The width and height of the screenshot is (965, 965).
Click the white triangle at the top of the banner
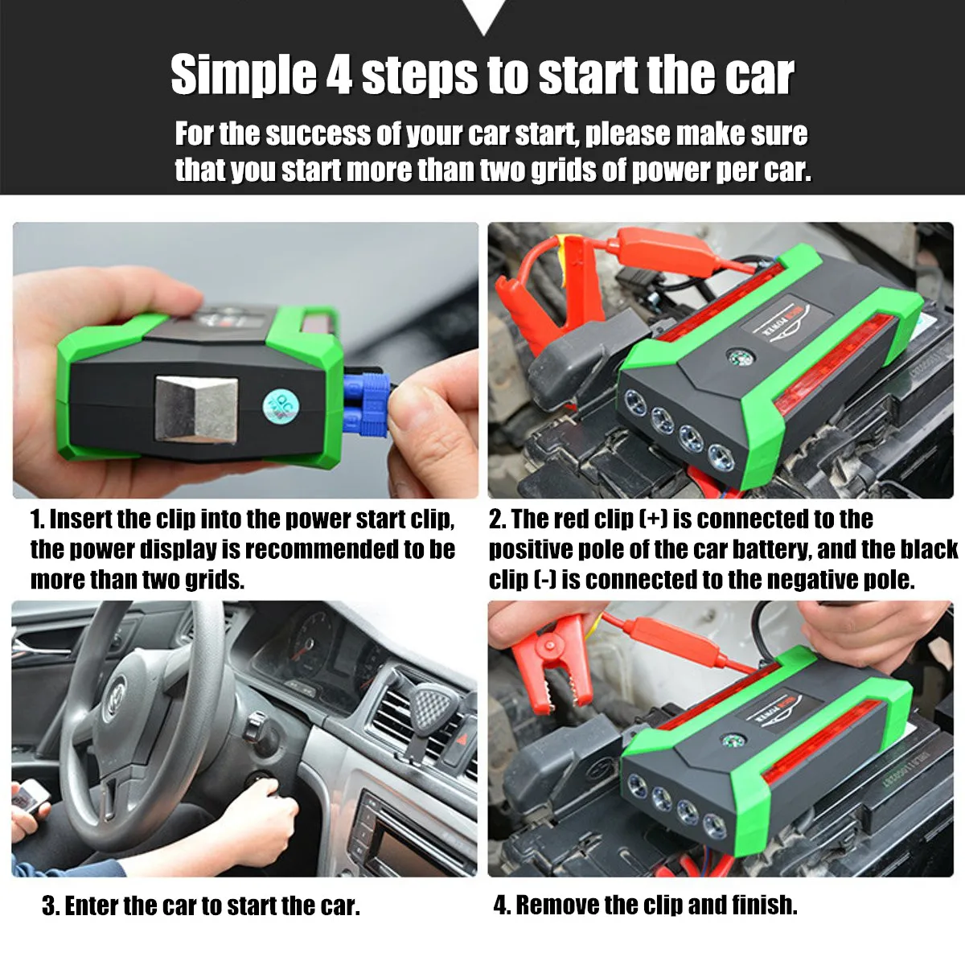click(482, 14)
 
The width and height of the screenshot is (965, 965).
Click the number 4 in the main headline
click(339, 76)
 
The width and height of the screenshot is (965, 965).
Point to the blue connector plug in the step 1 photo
click(366, 404)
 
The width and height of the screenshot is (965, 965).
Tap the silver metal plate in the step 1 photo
click(197, 409)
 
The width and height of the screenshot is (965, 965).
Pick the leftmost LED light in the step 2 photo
click(634, 400)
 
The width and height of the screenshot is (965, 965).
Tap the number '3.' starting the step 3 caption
click(51, 906)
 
